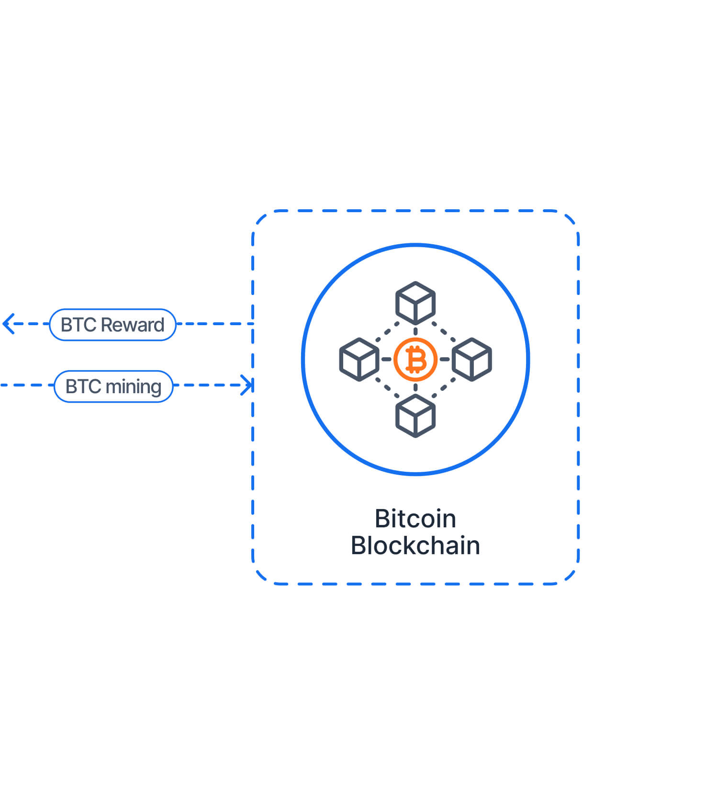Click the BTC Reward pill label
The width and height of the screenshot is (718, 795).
pyautogui.click(x=112, y=325)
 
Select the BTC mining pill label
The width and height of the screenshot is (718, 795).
pyautogui.click(x=113, y=386)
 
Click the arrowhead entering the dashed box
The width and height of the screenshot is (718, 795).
pyautogui.click(x=247, y=385)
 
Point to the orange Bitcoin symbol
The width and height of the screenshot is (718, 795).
pyautogui.click(x=415, y=360)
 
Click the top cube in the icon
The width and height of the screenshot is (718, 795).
pyautogui.click(x=415, y=303)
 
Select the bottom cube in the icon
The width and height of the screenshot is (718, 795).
pyautogui.click(x=415, y=416)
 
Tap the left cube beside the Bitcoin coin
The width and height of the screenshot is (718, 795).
pyautogui.click(x=359, y=359)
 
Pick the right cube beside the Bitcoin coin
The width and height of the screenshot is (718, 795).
pyautogui.click(x=472, y=359)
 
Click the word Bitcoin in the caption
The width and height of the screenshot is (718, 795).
pyautogui.click(x=415, y=519)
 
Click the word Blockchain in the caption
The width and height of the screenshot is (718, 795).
pyautogui.click(x=415, y=545)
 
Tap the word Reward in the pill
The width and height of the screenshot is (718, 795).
pyautogui.click(x=133, y=325)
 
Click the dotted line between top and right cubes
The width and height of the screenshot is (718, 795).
pyautogui.click(x=444, y=331)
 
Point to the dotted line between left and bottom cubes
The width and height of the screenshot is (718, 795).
pyautogui.click(x=387, y=387)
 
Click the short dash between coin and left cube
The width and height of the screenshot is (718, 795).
pyautogui.click(x=386, y=359)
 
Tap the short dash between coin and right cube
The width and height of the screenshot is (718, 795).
pyautogui.click(x=445, y=359)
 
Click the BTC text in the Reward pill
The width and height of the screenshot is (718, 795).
pyautogui.click(x=79, y=325)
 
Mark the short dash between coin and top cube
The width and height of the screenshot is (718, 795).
pyautogui.click(x=415, y=331)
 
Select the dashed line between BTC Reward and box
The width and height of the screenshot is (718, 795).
pyautogui.click(x=214, y=324)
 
